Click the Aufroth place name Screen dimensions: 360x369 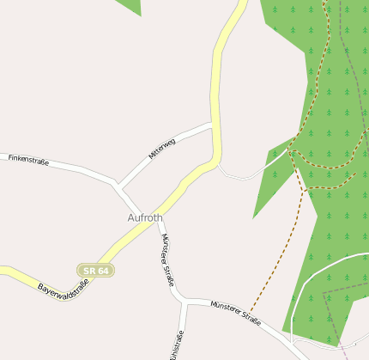coord(144,218)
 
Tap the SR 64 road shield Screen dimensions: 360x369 coord(95,271)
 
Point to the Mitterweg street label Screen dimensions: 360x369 coord(161,149)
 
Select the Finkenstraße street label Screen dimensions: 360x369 coord(28,160)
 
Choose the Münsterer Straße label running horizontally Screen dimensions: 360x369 coord(235,311)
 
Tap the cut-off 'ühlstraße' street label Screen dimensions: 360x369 coord(178,345)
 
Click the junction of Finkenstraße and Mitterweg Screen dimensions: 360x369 coord(118,184)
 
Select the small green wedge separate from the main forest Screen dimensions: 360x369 coord(130,6)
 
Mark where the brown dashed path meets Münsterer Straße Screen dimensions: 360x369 coord(251,311)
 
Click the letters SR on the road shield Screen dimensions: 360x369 coord(90,271)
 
